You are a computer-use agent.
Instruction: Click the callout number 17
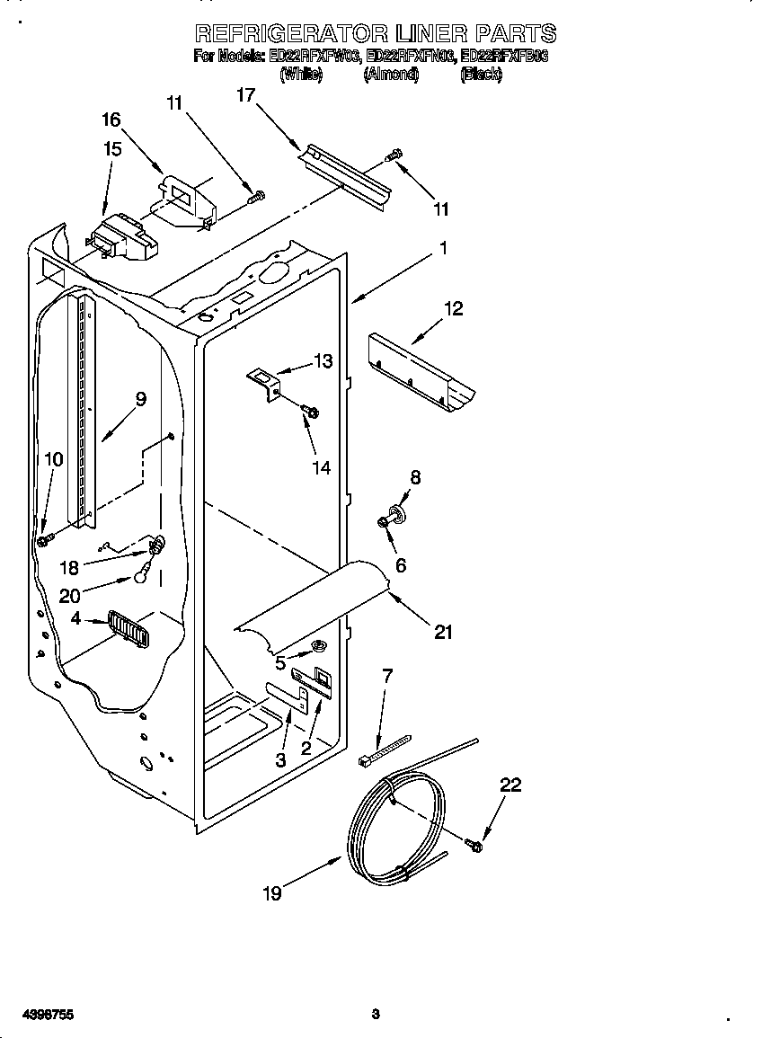pyautogui.click(x=245, y=93)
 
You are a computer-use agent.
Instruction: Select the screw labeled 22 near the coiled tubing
pyautogui.click(x=474, y=844)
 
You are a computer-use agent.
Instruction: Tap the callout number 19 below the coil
pyautogui.click(x=272, y=892)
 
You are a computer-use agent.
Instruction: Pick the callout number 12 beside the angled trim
pyautogui.click(x=453, y=308)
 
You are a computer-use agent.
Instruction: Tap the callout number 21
pyautogui.click(x=442, y=632)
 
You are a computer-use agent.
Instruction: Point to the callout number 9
pyautogui.click(x=140, y=399)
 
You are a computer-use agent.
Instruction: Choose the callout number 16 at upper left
pyautogui.click(x=111, y=120)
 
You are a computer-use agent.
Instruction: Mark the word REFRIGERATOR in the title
pyautogui.click(x=291, y=34)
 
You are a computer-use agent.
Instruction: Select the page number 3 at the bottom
pyautogui.click(x=376, y=1015)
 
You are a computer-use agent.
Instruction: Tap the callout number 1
pyautogui.click(x=443, y=248)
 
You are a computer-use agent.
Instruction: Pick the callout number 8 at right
pyautogui.click(x=414, y=478)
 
